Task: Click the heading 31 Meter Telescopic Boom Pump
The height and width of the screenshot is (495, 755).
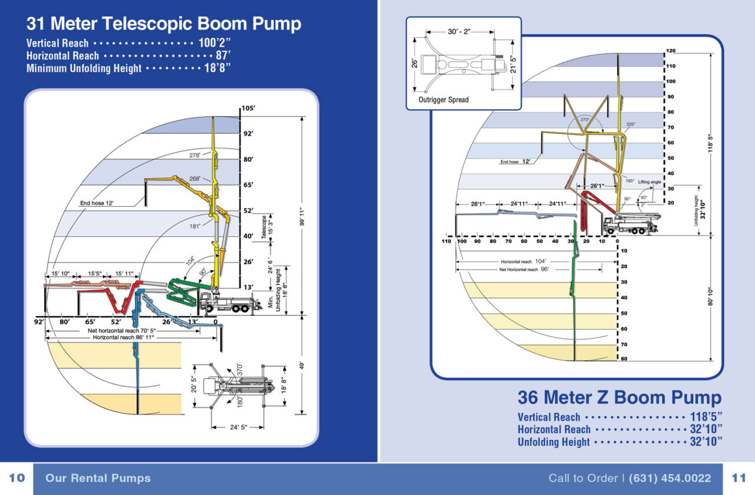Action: (163, 24)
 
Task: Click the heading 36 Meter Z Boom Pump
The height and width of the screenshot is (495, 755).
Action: (619, 397)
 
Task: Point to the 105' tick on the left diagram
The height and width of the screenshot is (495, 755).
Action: (248, 108)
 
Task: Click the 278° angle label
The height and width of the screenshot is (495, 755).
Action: (195, 156)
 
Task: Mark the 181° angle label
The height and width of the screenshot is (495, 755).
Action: (195, 226)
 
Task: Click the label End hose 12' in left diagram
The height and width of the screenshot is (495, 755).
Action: (97, 203)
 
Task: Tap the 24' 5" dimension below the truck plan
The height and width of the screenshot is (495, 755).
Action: (238, 427)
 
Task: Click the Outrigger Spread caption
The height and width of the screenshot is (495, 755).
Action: (444, 100)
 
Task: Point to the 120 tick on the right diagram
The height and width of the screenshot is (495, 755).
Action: (671, 51)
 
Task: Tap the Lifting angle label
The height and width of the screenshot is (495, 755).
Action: (649, 182)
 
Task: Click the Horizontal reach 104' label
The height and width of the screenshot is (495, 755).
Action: (524, 261)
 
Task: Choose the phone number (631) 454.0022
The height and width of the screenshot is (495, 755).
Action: (670, 478)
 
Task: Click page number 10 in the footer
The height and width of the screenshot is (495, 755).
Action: (17, 478)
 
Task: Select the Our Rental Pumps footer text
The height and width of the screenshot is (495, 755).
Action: (98, 478)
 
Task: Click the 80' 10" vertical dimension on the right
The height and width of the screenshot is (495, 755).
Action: (711, 296)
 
